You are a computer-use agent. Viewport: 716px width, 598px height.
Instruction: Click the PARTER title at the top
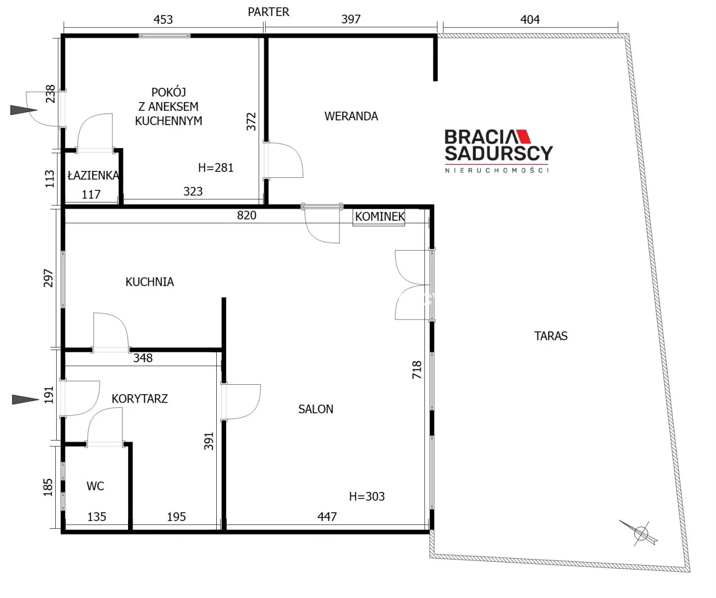(x=269, y=12)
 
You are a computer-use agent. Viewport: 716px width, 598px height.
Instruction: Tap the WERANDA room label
(x=351, y=116)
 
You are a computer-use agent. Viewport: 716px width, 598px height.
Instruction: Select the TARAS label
(x=551, y=336)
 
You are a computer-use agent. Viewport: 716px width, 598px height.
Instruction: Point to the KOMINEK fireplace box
(x=379, y=217)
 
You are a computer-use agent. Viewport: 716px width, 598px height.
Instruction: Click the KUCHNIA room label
(x=149, y=282)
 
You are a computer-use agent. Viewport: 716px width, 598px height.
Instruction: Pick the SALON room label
(x=316, y=409)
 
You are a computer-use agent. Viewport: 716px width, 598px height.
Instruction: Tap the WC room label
(x=95, y=486)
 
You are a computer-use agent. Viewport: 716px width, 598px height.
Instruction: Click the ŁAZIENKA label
(x=93, y=175)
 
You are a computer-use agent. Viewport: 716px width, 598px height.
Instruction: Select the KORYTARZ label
(x=140, y=399)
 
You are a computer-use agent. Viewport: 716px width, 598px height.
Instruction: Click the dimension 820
(x=247, y=215)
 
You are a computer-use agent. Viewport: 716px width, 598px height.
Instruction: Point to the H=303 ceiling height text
(x=367, y=496)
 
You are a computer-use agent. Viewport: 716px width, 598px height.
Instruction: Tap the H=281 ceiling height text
(x=216, y=168)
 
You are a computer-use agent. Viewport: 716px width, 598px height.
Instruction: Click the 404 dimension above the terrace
(x=530, y=19)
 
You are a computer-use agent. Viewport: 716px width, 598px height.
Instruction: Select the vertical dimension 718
(x=417, y=369)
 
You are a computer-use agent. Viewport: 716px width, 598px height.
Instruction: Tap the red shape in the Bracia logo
(x=524, y=136)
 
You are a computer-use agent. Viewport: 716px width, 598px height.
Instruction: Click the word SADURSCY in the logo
(x=499, y=153)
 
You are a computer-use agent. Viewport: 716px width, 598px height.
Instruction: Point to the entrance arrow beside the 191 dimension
(x=25, y=399)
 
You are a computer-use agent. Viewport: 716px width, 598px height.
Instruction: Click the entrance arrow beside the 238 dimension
(x=23, y=110)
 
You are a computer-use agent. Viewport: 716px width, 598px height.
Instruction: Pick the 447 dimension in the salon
(x=327, y=517)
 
